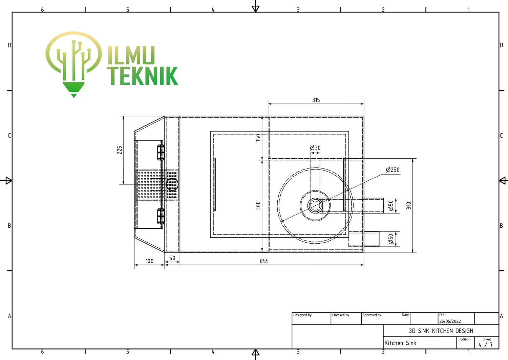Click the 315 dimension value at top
point(316,100)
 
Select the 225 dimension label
point(120,150)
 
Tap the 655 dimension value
point(264,261)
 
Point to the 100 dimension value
point(149,261)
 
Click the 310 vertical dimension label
point(409,205)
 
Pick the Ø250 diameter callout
point(393,170)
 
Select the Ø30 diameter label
point(315,148)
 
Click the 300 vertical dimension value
point(258,205)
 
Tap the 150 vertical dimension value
point(258,138)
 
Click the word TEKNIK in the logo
point(143,76)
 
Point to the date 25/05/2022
point(450,321)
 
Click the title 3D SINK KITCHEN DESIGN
point(441,331)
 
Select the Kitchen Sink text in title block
point(400,343)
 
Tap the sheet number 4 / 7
point(486,344)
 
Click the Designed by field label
point(302,315)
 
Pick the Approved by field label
point(372,315)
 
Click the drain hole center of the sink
point(315,205)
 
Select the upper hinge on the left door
point(161,152)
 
